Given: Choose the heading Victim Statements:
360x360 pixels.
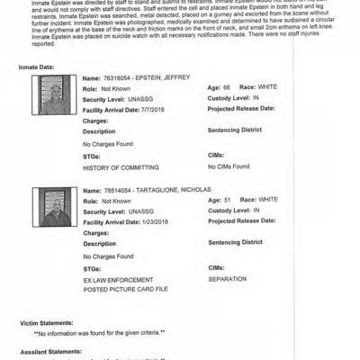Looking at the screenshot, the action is [x=48, y=322].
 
